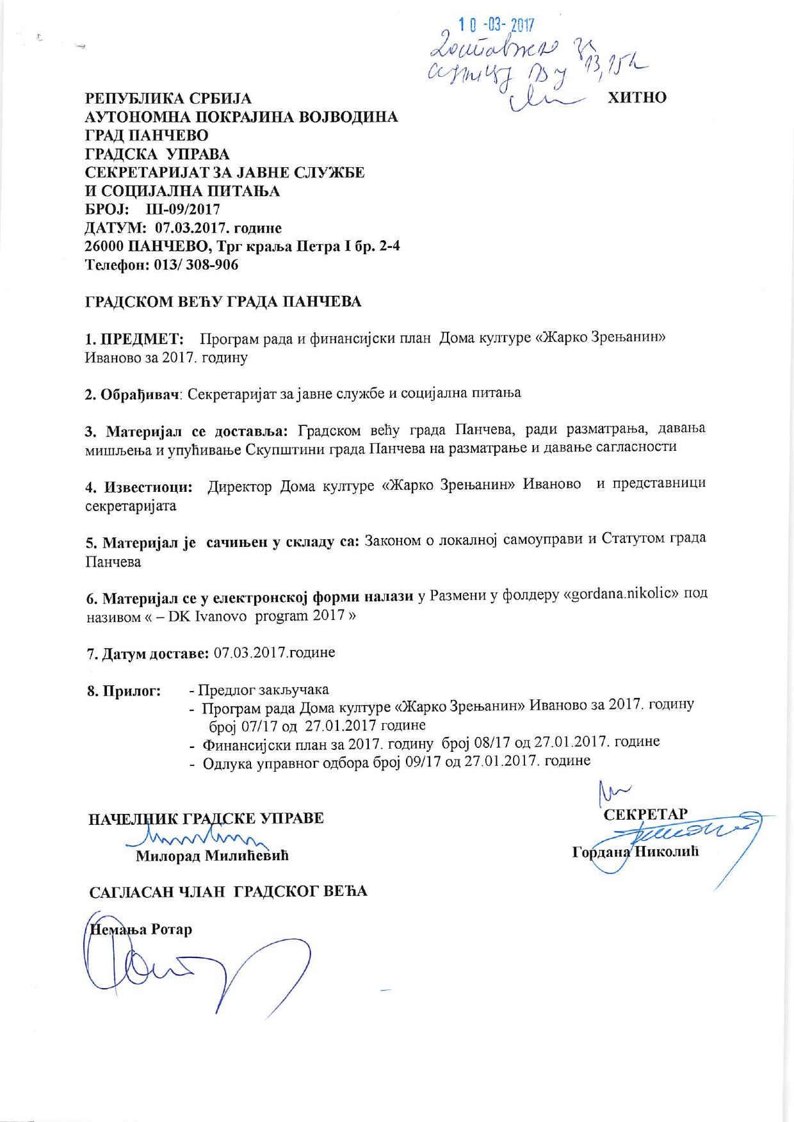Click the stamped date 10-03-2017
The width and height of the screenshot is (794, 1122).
pos(497,24)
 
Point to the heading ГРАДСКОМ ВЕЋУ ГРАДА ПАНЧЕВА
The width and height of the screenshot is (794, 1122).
pos(223,302)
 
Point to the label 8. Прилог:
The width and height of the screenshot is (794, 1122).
pos(123,691)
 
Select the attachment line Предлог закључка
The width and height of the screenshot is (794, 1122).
pos(263,690)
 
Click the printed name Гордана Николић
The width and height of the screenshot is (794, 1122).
pos(635,852)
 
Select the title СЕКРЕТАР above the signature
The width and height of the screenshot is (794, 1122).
pos(645,814)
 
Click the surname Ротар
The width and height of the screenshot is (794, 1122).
pos(172,929)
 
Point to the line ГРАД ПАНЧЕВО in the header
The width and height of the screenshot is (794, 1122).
pos(147,135)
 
